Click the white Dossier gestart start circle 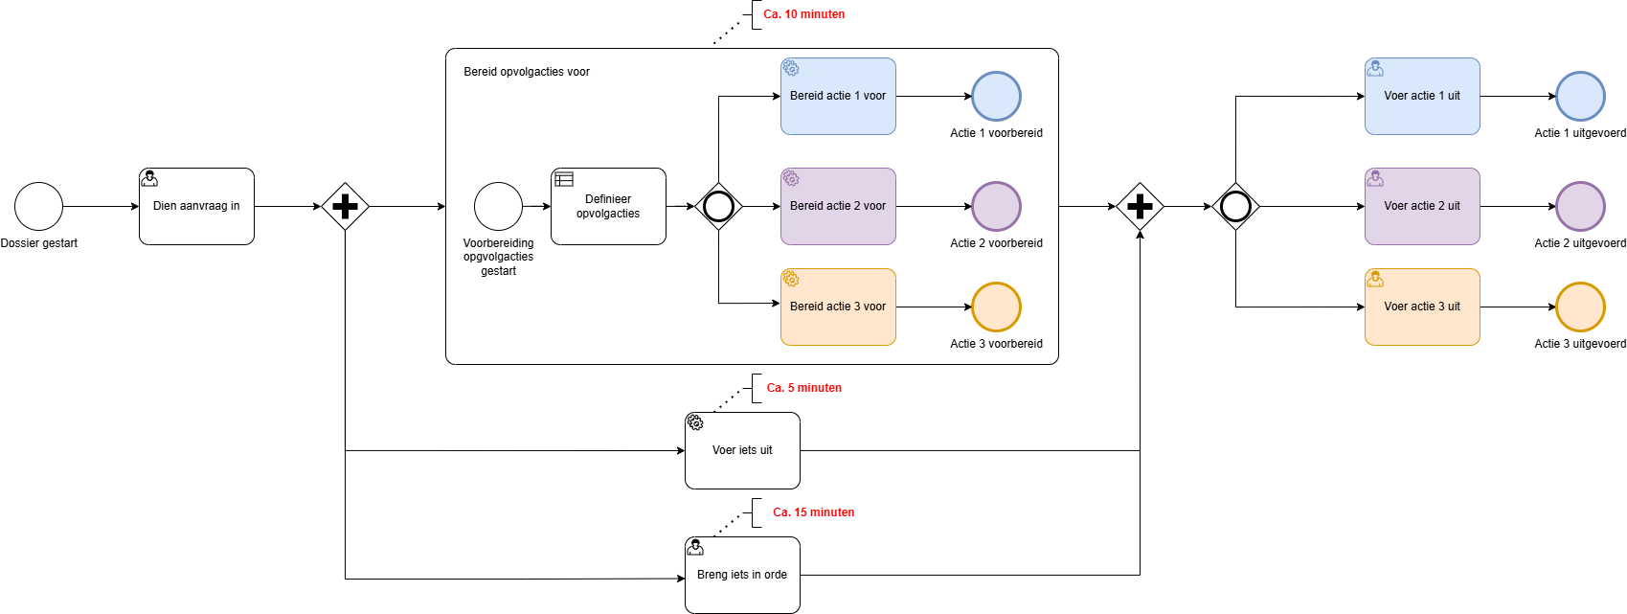pyautogui.click(x=38, y=206)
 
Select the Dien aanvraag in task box pyautogui.click(x=196, y=206)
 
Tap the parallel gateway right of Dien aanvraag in pyautogui.click(x=345, y=206)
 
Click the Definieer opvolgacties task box pyautogui.click(x=608, y=206)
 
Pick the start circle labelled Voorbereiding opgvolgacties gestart pyautogui.click(x=498, y=206)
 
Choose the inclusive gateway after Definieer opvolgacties pyautogui.click(x=718, y=206)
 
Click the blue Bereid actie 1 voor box pyautogui.click(x=838, y=96)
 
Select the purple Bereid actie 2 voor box pyautogui.click(x=838, y=206)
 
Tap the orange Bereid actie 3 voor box pyautogui.click(x=838, y=307)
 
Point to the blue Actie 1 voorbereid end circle pyautogui.click(x=996, y=96)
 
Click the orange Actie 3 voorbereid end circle pyautogui.click(x=996, y=307)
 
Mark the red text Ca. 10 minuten pyautogui.click(x=803, y=14)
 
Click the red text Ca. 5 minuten pyautogui.click(x=803, y=388)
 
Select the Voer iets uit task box pyautogui.click(x=742, y=450)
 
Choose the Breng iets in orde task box pyautogui.click(x=742, y=575)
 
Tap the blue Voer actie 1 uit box pyautogui.click(x=1422, y=96)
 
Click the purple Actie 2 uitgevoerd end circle pyautogui.click(x=1580, y=206)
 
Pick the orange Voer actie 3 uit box pyautogui.click(x=1422, y=307)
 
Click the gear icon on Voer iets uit pyautogui.click(x=695, y=422)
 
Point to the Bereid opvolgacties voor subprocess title pyautogui.click(x=527, y=72)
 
